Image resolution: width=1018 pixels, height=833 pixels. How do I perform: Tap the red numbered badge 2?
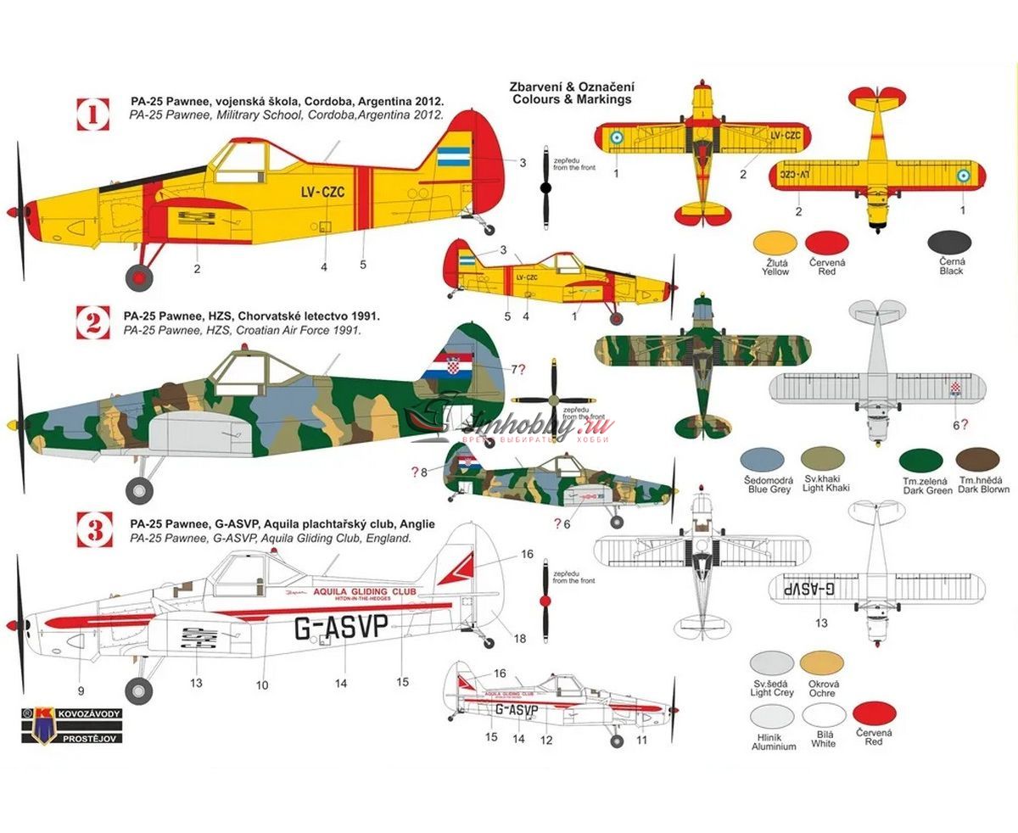point(94,321)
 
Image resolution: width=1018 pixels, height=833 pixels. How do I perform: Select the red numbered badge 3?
point(94,531)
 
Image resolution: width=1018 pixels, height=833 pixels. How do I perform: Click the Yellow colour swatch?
point(775,244)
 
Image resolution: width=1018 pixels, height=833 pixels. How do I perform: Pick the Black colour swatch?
point(950,244)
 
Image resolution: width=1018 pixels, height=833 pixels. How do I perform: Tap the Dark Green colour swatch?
point(920,461)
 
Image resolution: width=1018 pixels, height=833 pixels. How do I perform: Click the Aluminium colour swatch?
point(772,718)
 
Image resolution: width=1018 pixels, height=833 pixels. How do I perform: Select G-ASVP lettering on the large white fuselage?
point(341,628)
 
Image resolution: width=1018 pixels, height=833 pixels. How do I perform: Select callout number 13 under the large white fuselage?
point(196,681)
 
